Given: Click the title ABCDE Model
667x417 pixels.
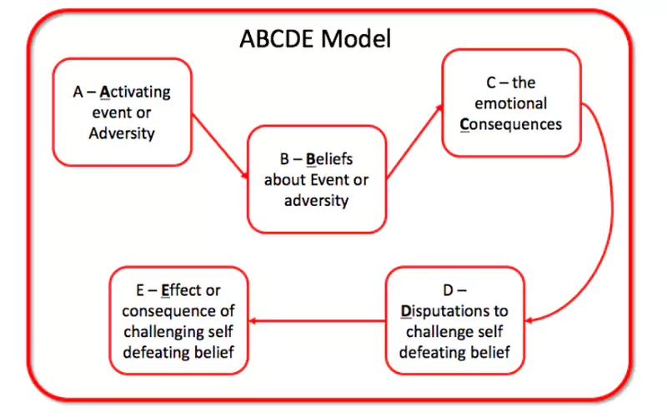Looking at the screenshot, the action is pos(315,38).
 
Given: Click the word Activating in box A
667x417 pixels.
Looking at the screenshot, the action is pos(135,92).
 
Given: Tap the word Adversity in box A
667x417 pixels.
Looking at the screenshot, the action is pos(122,133).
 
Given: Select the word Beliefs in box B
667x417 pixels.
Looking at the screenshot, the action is pos(329,158).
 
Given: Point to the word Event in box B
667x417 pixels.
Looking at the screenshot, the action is pos(331,179).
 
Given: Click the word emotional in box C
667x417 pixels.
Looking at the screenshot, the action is pos(511,103).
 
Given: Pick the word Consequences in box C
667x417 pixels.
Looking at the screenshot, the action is pos(511,124).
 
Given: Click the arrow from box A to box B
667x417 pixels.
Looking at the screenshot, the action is pos(220,145).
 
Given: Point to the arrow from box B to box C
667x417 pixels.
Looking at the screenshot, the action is pos(414,141).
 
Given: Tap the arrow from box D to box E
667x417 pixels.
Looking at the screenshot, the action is pos(317,321).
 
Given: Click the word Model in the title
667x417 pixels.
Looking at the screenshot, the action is pos(356,38).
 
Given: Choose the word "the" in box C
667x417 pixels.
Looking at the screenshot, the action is pos(524,83).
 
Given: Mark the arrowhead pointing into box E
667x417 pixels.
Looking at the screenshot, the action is pos(252,321).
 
